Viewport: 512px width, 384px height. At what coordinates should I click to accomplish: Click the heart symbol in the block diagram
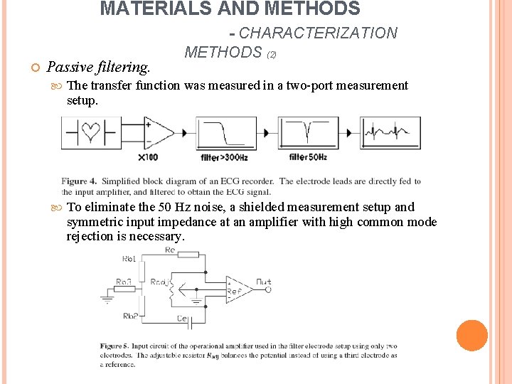click(90, 132)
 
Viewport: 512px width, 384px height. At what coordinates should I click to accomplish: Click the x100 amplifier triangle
click(159, 133)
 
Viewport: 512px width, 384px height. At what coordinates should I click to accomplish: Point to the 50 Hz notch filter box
click(308, 133)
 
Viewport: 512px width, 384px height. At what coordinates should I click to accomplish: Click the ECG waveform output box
click(390, 133)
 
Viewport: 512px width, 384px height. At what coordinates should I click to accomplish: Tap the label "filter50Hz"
click(308, 157)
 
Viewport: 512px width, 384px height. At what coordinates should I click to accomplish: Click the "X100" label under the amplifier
click(148, 157)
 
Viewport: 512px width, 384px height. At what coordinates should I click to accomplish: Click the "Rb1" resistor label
click(129, 259)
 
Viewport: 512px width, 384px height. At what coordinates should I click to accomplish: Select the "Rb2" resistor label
click(131, 316)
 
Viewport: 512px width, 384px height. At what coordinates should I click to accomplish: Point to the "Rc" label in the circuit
click(171, 250)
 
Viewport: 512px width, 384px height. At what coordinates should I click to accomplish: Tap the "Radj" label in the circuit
click(160, 282)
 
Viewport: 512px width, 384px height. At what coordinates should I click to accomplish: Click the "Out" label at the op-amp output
click(262, 282)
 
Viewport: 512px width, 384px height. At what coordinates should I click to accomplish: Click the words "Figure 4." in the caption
click(80, 181)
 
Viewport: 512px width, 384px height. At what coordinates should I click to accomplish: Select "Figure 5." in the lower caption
click(114, 346)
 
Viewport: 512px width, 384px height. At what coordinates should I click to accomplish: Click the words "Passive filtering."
click(98, 68)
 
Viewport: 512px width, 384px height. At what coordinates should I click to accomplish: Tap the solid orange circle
click(471, 336)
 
